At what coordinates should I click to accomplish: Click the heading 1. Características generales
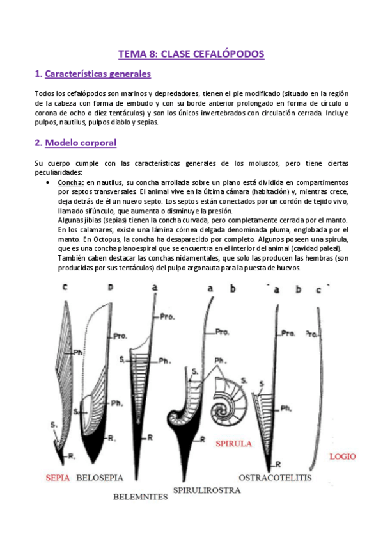pos(93,74)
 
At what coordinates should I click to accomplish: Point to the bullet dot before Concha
pos(49,182)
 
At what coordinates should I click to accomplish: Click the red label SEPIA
pos(58,478)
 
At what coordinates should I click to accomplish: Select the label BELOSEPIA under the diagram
pos(100,478)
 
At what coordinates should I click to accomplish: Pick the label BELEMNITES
pos(139,496)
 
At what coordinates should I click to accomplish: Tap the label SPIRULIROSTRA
pos(207,490)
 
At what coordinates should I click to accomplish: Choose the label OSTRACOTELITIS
pos(274,478)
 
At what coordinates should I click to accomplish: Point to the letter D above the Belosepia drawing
pos(110,289)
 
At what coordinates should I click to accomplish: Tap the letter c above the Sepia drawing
pos(65,289)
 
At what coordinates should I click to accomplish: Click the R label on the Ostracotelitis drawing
pos(279,462)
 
